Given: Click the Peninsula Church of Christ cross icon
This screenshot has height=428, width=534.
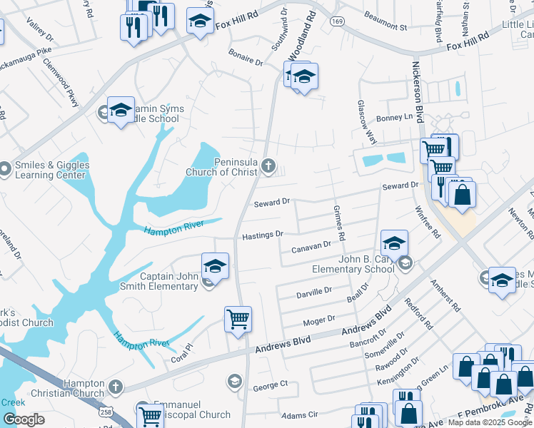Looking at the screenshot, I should pyautogui.click(x=268, y=166).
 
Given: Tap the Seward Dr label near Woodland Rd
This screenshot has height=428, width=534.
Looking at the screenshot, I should pyautogui.click(x=272, y=203).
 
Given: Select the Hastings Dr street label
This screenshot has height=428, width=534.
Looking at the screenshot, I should pyautogui.click(x=263, y=234).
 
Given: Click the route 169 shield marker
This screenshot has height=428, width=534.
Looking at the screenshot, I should pyautogui.click(x=338, y=21).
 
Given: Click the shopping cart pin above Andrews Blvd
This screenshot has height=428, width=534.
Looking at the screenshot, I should pyautogui.click(x=238, y=320).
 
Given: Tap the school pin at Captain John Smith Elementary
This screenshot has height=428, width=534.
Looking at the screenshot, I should pyautogui.click(x=215, y=266).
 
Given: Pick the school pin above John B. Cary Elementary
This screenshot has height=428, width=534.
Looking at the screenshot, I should pyautogui.click(x=394, y=243).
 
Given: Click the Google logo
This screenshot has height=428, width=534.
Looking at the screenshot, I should pyautogui.click(x=24, y=419).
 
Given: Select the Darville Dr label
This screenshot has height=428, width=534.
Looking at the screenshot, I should pyautogui.click(x=314, y=292).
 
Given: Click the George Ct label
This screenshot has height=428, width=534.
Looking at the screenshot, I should pyautogui.click(x=271, y=385).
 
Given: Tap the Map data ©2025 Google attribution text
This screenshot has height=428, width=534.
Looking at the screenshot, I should pyautogui.click(x=489, y=422).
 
